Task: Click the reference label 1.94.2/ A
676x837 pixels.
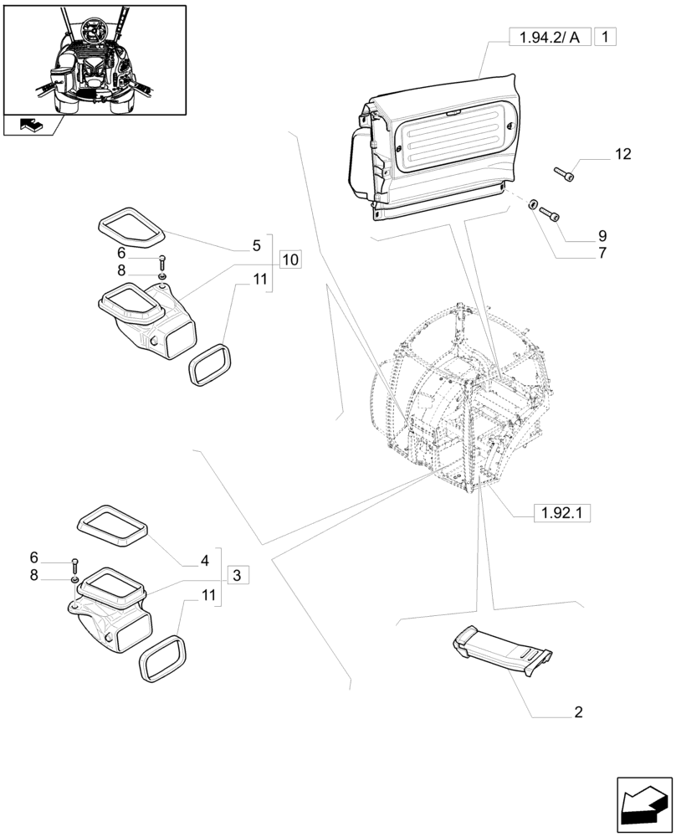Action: (x=549, y=36)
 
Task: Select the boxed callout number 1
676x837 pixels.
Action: (x=606, y=36)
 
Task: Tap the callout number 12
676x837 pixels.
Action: (x=622, y=154)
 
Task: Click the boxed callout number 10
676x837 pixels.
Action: (x=289, y=259)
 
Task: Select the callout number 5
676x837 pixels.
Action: (x=256, y=246)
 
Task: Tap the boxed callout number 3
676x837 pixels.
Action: (x=238, y=575)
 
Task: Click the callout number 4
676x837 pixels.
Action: (x=203, y=562)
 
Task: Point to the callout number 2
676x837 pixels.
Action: (x=577, y=713)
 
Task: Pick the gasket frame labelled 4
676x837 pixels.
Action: (x=112, y=525)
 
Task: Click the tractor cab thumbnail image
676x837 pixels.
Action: (x=94, y=59)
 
